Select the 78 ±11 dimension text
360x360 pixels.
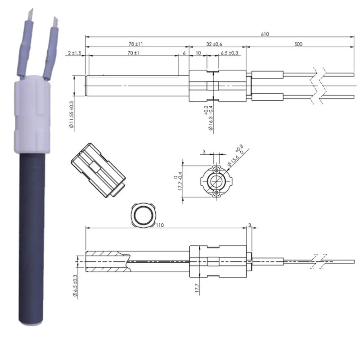pyautogui.click(x=135, y=44)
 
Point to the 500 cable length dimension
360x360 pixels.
pyautogui.click(x=297, y=44)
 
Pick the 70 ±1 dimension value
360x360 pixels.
pyautogui.click(x=133, y=54)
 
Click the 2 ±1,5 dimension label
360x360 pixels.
pyautogui.click(x=75, y=54)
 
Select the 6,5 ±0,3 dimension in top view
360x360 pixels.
pyautogui.click(x=229, y=54)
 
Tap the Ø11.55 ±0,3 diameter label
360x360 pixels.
pyautogui.click(x=72, y=115)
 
